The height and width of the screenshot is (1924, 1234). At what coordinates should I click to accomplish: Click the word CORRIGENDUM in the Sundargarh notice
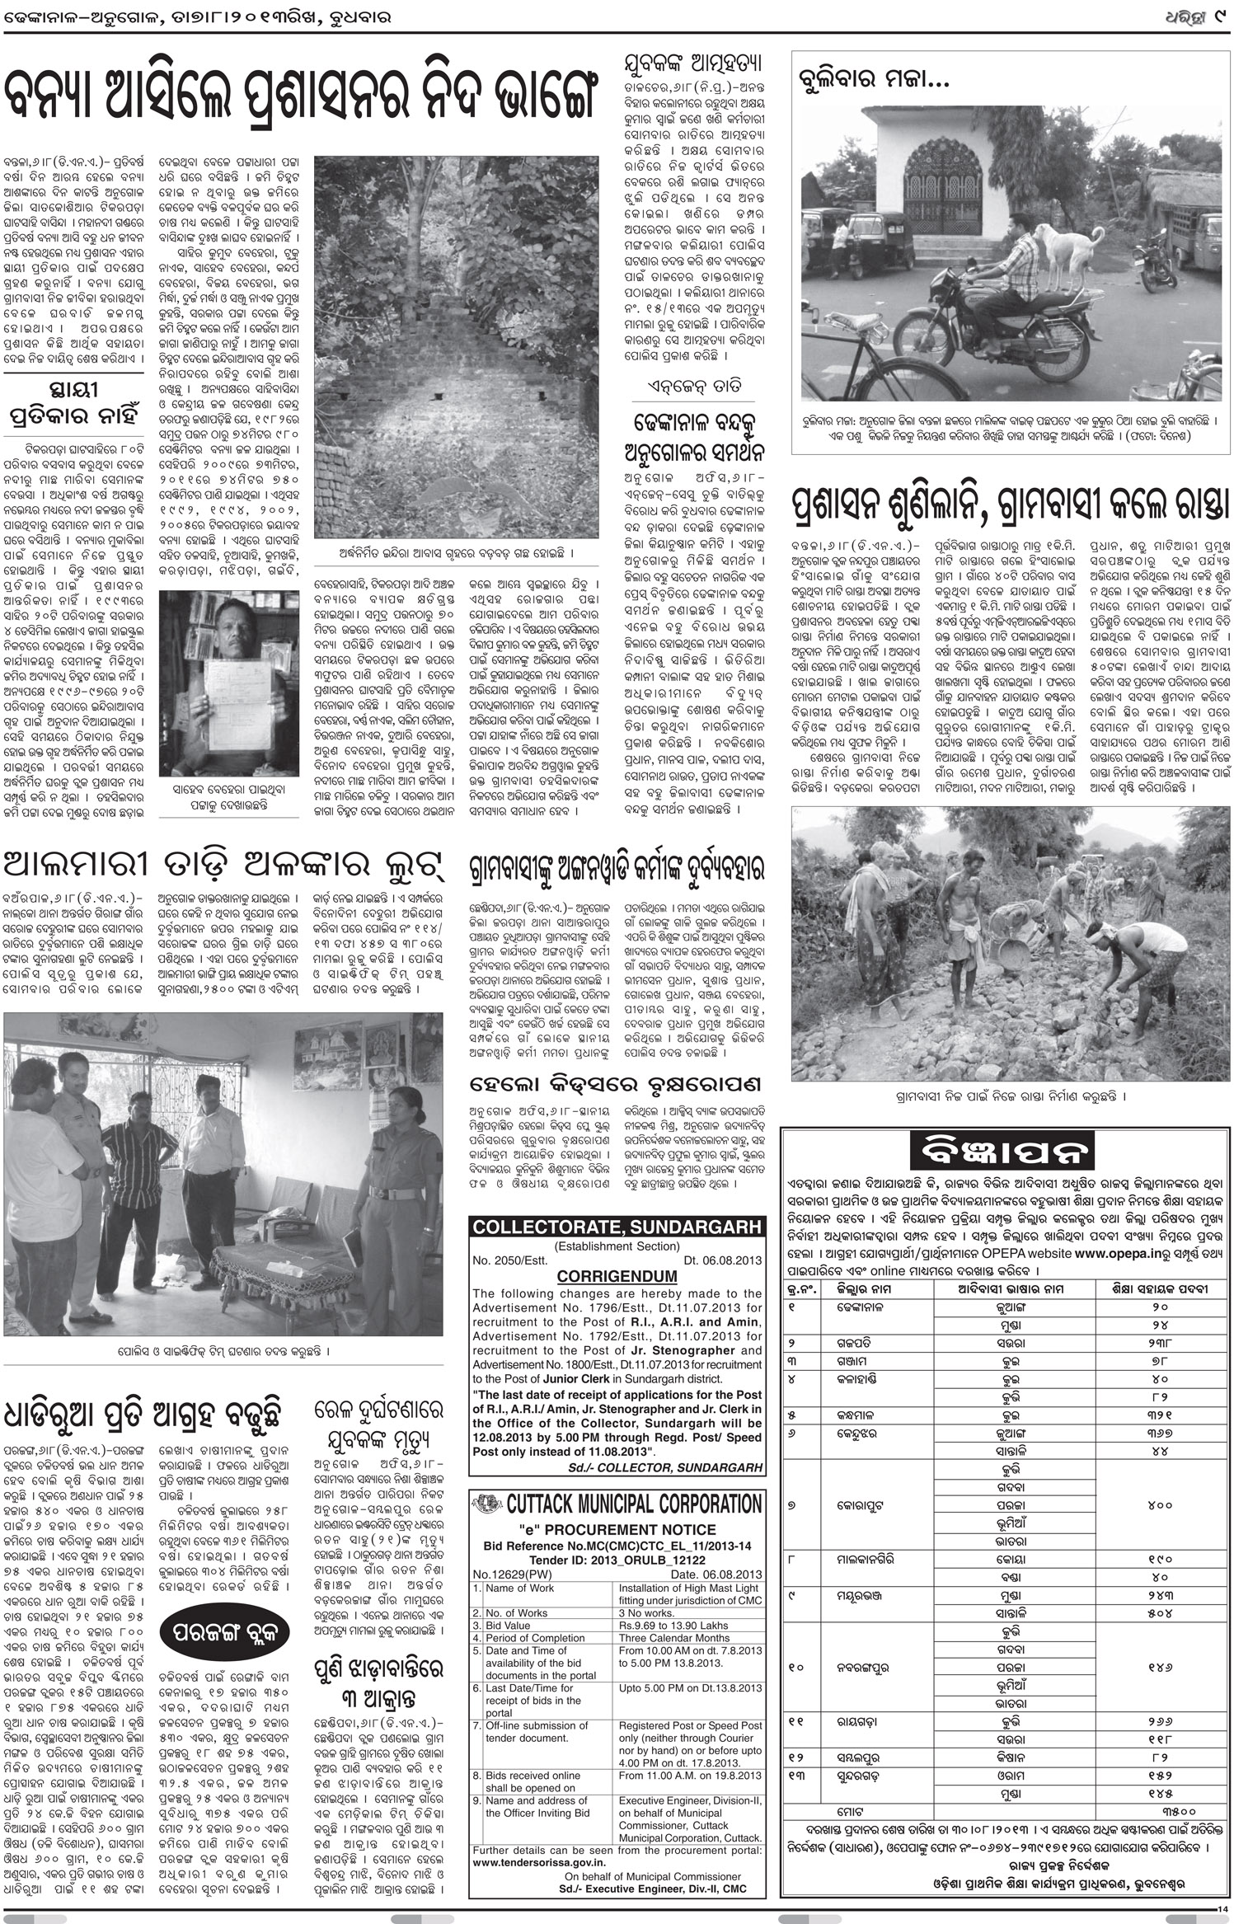point(617,1276)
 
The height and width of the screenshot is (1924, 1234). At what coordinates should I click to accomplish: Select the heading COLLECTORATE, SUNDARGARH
point(617,1227)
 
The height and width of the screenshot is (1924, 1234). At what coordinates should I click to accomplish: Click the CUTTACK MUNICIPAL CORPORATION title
point(634,1503)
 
